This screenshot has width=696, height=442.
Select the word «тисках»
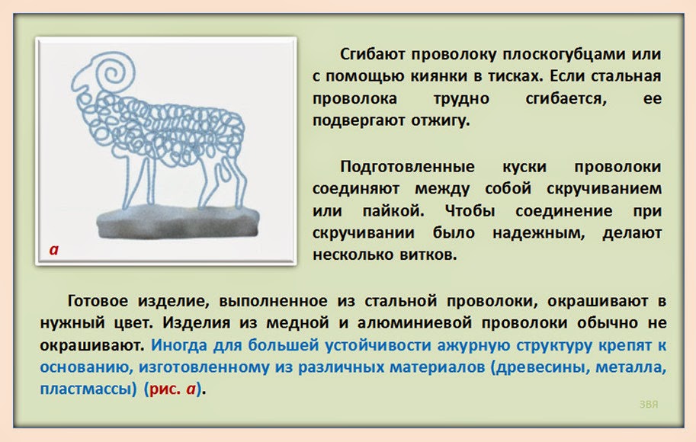(x=515, y=76)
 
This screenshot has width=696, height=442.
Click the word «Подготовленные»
(x=407, y=167)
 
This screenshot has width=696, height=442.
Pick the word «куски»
(x=524, y=167)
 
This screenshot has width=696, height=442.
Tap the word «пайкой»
(x=393, y=211)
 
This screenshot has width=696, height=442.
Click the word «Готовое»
(x=98, y=301)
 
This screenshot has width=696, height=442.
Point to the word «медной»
(x=297, y=323)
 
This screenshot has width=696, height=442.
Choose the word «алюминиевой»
(x=415, y=323)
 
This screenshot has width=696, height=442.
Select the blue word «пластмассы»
(x=88, y=389)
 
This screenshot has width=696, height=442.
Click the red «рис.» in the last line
(x=165, y=389)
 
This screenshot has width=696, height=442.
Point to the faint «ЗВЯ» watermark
(x=649, y=405)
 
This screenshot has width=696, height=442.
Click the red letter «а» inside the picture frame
(x=54, y=250)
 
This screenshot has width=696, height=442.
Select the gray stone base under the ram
(x=178, y=222)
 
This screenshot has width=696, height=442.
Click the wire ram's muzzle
(x=79, y=85)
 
